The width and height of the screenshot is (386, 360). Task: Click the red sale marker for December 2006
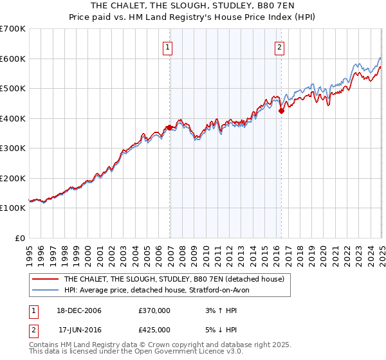pyautogui.click(x=170, y=127)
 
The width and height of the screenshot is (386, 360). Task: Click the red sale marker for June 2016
pyautogui.click(x=281, y=111)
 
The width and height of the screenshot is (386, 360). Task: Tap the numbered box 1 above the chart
pyautogui.click(x=167, y=46)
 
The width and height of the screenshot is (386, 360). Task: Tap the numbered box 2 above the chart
pyautogui.click(x=280, y=46)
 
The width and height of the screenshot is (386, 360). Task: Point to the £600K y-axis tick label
pyautogui.click(x=12, y=59)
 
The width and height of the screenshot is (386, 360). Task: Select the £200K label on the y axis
pyautogui.click(x=12, y=178)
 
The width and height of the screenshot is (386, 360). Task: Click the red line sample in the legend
pyautogui.click(x=46, y=279)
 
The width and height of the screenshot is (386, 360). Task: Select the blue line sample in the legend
pyautogui.click(x=46, y=290)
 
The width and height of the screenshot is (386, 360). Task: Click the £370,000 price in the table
pyautogui.click(x=154, y=310)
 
